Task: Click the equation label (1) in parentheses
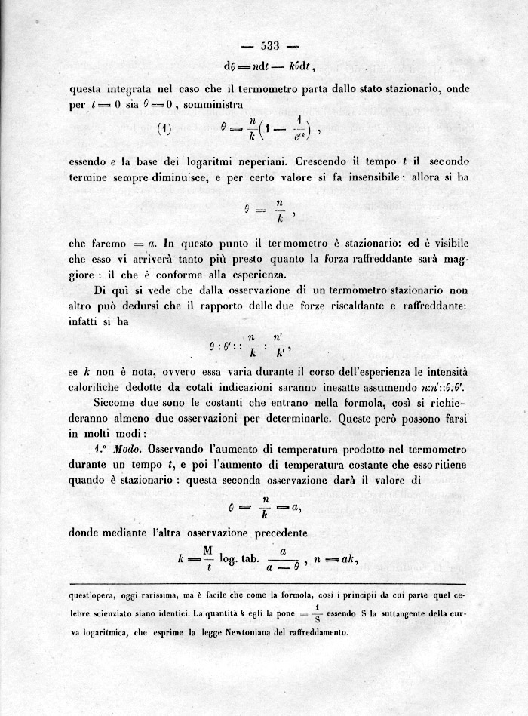[x=164, y=129]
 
